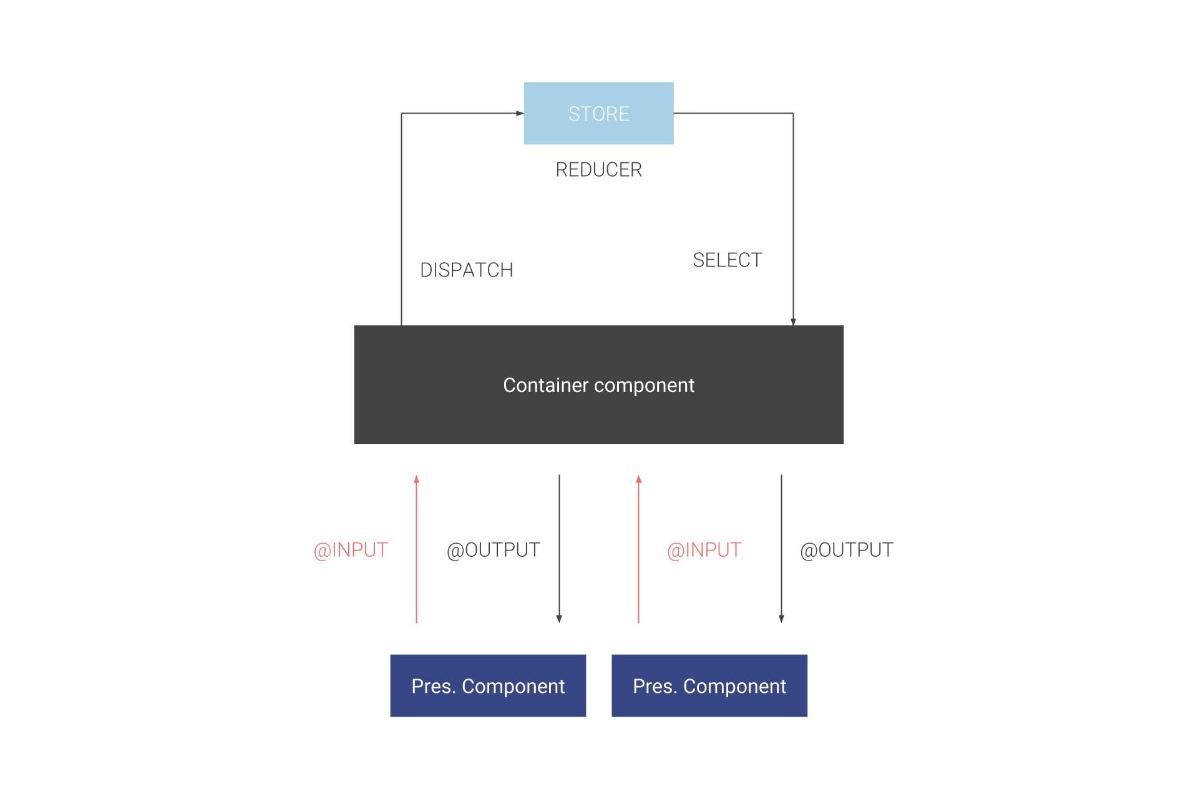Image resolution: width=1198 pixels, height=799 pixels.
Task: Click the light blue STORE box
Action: click(598, 113)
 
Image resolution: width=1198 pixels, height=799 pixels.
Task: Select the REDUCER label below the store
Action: click(598, 169)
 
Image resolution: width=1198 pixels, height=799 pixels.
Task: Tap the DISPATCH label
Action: click(466, 270)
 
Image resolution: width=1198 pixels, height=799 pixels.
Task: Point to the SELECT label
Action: click(727, 260)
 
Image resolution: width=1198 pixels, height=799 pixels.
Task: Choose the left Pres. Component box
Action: click(488, 685)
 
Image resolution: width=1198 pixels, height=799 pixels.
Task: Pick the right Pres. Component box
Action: click(709, 685)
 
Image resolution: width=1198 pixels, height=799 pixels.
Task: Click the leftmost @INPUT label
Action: click(351, 550)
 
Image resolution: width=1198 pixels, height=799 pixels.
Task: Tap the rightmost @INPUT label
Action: click(704, 550)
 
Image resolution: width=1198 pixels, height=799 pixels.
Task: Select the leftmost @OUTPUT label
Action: click(493, 550)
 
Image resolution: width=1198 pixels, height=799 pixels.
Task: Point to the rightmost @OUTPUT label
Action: click(846, 550)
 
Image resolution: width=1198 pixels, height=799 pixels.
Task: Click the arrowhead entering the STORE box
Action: click(520, 113)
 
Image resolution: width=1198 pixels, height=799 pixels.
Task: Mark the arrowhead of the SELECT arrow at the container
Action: click(793, 322)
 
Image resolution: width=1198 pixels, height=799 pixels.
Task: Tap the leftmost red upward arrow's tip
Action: click(416, 478)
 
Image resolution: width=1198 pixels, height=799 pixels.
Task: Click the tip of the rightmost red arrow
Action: click(638, 478)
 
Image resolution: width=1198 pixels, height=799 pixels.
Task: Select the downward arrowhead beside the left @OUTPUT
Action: click(559, 619)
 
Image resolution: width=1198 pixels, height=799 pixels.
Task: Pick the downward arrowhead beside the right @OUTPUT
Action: click(781, 619)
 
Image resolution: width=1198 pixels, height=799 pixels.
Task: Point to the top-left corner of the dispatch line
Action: click(401, 113)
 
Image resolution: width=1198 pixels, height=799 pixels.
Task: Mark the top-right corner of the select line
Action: click(793, 113)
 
